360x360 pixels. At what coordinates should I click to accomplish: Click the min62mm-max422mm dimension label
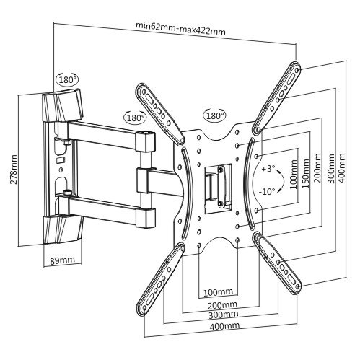pos(180,28)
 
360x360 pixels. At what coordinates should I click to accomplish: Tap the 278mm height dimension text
pos(14,170)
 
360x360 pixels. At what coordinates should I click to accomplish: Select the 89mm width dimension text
pos(62,260)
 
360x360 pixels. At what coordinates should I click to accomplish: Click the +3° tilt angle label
pos(268,169)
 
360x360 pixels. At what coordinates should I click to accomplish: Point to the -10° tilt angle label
pos(267,192)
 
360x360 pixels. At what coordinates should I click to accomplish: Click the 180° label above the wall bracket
pos(68,79)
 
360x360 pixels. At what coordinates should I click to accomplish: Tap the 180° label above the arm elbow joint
pos(136,118)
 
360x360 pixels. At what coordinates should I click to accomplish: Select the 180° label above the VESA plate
pos(215,116)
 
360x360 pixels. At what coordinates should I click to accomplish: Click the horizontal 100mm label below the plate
pos(218,292)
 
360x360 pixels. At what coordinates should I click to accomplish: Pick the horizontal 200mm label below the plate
pos(222,305)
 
